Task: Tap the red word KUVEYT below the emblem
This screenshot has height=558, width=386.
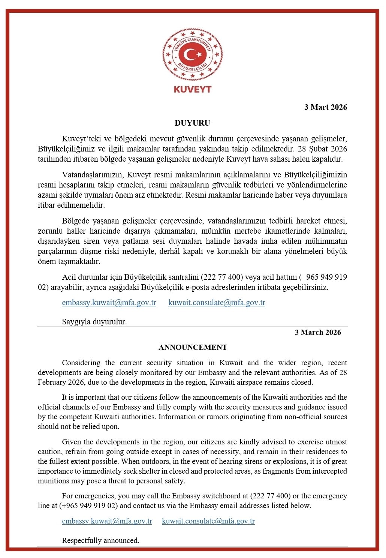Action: [x=193, y=90]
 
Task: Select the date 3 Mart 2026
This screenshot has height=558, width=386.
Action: [x=325, y=107]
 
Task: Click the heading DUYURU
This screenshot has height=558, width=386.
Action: [x=192, y=123]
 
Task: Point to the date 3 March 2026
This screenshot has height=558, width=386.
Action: [x=318, y=332]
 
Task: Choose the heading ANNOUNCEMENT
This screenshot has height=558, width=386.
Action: [x=193, y=347]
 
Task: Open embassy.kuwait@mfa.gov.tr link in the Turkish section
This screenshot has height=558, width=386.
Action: [x=109, y=303]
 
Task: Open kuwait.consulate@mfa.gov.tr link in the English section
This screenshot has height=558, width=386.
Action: [x=208, y=521]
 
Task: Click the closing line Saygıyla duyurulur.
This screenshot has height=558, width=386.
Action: [x=94, y=321]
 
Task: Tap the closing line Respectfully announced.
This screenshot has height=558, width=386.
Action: [x=100, y=540]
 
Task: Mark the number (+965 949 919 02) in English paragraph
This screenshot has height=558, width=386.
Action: [x=88, y=506]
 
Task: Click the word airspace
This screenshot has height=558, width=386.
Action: [x=250, y=382]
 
